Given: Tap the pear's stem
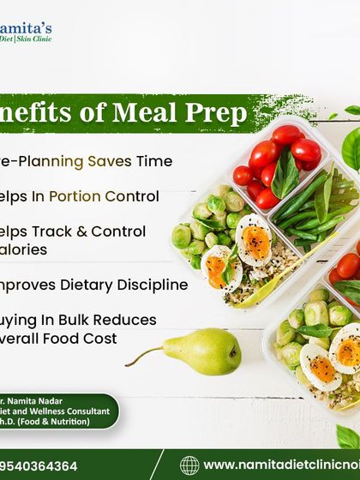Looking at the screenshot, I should (142, 349).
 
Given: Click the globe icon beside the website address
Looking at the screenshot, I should (189, 465).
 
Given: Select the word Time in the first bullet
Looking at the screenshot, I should (156, 161).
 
